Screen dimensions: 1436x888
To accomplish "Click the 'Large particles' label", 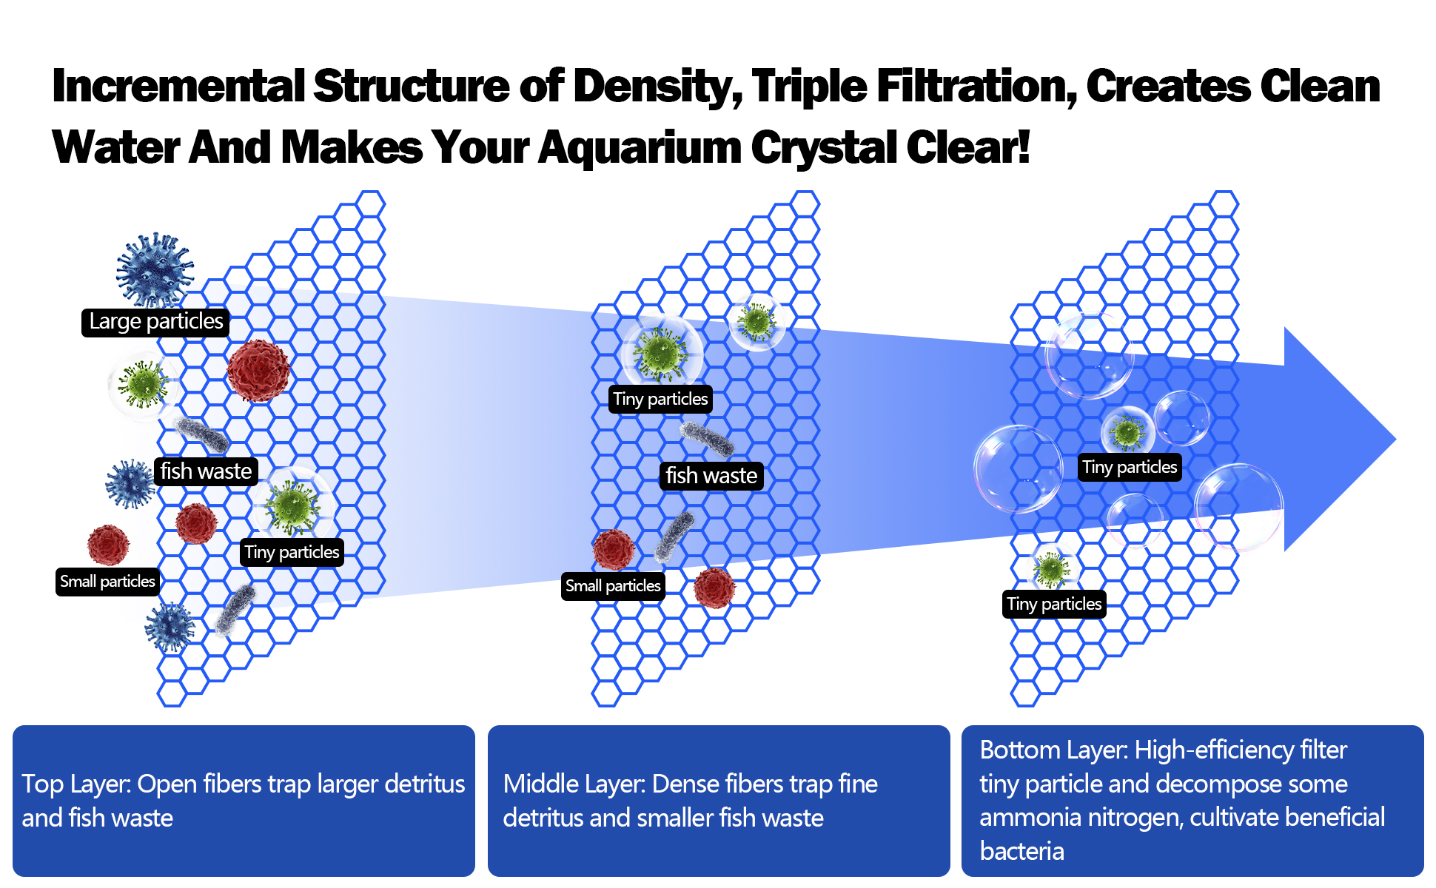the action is pyautogui.click(x=155, y=322).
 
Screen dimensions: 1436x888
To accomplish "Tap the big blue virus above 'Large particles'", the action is pyautogui.click(x=155, y=270).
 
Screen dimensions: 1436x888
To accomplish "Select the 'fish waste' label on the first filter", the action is pyautogui.click(x=206, y=471).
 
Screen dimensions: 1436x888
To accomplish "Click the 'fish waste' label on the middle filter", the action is pyautogui.click(x=711, y=476).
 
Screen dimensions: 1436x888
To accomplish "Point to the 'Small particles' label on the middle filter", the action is pyautogui.click(x=613, y=586).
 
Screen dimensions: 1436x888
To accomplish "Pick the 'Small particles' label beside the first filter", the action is pyautogui.click(x=107, y=582).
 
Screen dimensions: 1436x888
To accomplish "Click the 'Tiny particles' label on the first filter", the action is pyautogui.click(x=292, y=552).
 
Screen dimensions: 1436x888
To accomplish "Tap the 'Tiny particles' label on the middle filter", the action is pyautogui.click(x=660, y=399).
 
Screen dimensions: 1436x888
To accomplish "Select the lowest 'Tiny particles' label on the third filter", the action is pyautogui.click(x=1054, y=604).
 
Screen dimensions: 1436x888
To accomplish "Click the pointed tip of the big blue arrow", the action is pyautogui.click(x=1396, y=439).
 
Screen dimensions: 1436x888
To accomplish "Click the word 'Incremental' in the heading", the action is pyautogui.click(x=178, y=86).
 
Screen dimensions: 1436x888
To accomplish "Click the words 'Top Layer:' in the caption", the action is pyautogui.click(x=76, y=784).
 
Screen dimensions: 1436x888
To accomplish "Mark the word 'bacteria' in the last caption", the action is pyautogui.click(x=1021, y=851).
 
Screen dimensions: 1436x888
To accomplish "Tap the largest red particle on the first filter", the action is pyautogui.click(x=258, y=371).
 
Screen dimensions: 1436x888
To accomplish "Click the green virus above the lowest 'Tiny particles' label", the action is pyautogui.click(x=1052, y=569).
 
